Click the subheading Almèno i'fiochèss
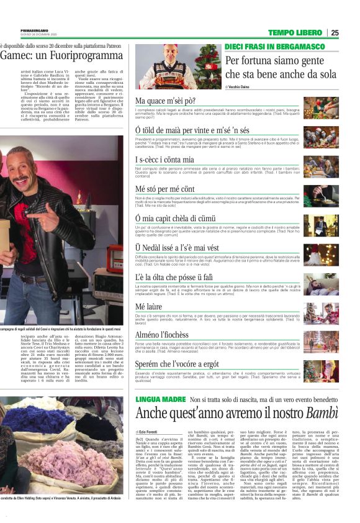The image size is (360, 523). click(163, 335)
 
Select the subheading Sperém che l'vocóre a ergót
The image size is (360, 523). click(175, 365)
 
